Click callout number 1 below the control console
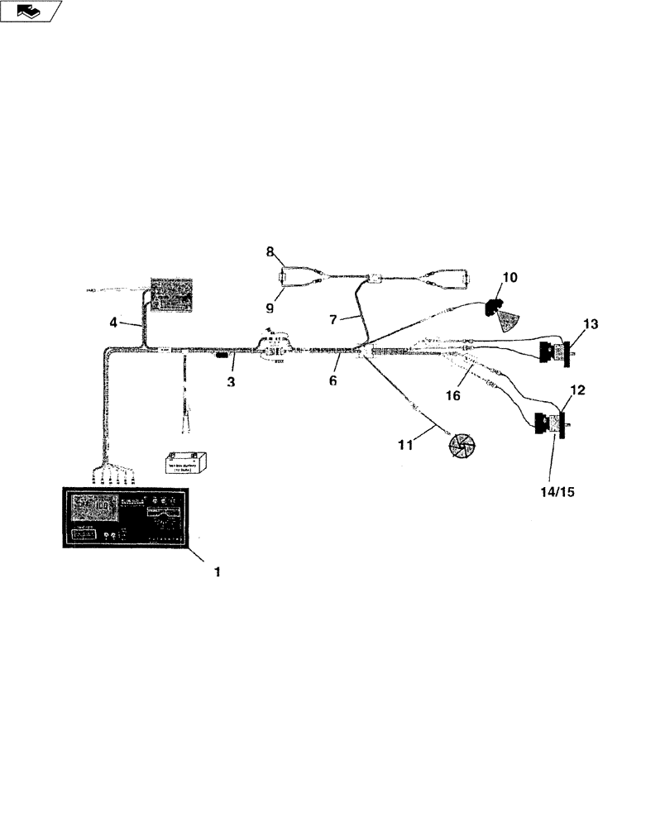click(218, 571)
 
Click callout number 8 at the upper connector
click(270, 251)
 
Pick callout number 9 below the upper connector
click(270, 307)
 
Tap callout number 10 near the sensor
click(510, 277)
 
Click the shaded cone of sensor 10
click(510, 320)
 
